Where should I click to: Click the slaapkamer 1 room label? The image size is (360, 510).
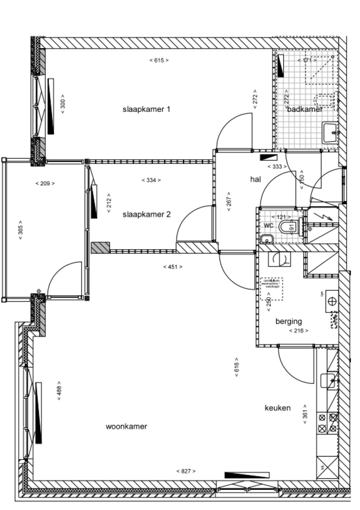pyautogui.click(x=146, y=110)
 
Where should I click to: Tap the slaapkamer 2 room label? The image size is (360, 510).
pyautogui.click(x=146, y=214)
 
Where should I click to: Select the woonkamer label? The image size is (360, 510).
pyautogui.click(x=127, y=427)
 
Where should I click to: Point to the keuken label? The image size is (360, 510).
pyautogui.click(x=277, y=408)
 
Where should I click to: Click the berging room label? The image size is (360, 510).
pyautogui.click(x=288, y=321)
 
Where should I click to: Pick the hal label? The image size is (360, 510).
pyautogui.click(x=255, y=179)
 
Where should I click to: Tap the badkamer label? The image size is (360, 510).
pyautogui.click(x=305, y=109)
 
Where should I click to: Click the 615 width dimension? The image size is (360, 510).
pyautogui.click(x=159, y=60)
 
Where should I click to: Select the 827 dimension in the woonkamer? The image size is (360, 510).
pyautogui.click(x=186, y=471)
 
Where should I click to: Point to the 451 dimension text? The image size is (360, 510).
pyautogui.click(x=172, y=267)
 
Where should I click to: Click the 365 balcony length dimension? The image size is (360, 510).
pyautogui.click(x=21, y=230)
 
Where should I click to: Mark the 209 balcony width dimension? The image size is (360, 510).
pyautogui.click(x=45, y=183)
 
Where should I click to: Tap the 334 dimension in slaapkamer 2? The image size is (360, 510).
pyautogui.click(x=151, y=180)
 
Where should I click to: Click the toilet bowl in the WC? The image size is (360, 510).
pyautogui.click(x=285, y=228)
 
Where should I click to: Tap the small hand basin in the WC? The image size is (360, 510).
pyautogui.click(x=266, y=240)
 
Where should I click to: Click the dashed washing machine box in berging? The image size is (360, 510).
pyautogui.click(x=271, y=289)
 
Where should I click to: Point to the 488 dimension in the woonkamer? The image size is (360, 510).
pyautogui.click(x=59, y=389)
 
